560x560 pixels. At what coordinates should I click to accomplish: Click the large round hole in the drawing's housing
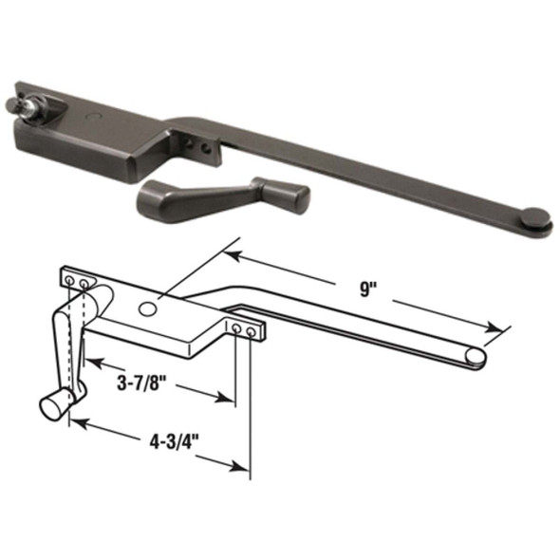(148, 308)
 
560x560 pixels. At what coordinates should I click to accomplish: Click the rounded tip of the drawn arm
(476, 356)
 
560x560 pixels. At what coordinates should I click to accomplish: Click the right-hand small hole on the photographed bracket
(203, 148)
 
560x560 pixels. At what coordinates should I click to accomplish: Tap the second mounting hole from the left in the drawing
(85, 284)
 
